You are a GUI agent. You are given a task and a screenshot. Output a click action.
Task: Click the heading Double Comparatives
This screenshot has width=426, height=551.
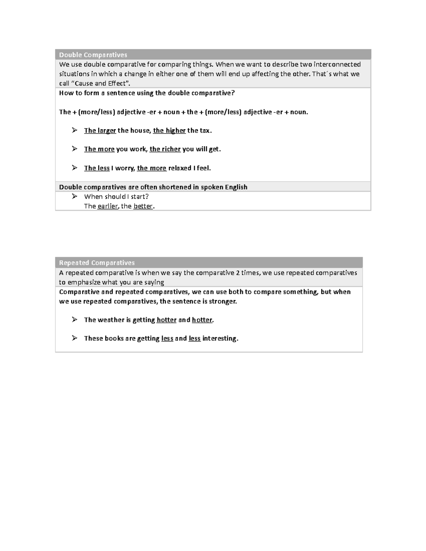point(93,55)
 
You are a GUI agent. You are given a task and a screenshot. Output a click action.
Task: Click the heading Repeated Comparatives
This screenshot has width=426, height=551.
point(97,263)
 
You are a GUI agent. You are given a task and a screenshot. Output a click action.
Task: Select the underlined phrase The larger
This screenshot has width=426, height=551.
point(100,131)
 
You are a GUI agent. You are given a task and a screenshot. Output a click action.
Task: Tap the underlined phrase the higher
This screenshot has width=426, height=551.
point(169,131)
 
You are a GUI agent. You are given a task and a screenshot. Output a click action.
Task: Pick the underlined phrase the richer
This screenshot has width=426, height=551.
point(165,149)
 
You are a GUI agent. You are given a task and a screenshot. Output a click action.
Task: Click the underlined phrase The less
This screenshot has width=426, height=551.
point(97,168)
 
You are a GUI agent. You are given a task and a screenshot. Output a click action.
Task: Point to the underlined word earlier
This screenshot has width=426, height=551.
point(108,206)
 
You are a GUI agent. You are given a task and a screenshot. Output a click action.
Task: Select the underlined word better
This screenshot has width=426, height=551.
point(143,206)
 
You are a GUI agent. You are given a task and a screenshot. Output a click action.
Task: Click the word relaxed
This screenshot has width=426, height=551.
point(180,168)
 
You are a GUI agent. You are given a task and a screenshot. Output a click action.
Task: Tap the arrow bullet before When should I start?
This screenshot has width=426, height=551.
point(74,196)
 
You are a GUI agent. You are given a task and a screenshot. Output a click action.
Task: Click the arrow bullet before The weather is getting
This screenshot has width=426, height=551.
point(74,319)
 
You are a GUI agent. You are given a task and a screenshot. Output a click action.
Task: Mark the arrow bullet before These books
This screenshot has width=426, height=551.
point(74,338)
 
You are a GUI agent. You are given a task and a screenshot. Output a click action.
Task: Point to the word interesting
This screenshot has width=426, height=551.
point(219,338)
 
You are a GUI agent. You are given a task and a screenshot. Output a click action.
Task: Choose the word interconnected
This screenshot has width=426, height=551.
point(337,64)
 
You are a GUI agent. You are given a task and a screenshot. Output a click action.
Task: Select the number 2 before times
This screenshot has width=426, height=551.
point(237,272)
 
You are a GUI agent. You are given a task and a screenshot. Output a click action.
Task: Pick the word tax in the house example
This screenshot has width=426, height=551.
point(205,131)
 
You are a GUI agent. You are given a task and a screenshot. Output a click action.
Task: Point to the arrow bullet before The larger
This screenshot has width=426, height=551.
point(74,130)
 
